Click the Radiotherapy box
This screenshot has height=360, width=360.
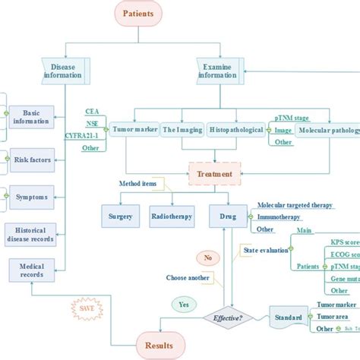point(172,216)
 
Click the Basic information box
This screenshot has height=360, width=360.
point(31,116)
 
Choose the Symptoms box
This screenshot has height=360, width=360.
point(31,197)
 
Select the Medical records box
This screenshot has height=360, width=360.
point(31,270)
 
